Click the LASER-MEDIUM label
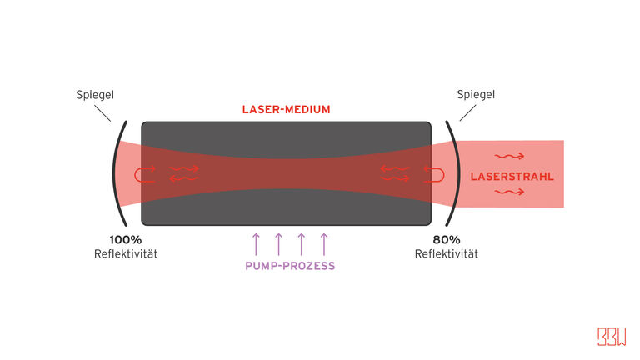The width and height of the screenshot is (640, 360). (286, 110)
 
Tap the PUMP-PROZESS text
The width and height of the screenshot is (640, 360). (289, 266)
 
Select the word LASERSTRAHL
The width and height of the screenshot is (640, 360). (500, 177)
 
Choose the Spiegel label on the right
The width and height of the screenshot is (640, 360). (476, 95)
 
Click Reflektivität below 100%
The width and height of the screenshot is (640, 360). (126, 252)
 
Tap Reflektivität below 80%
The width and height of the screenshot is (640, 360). (447, 252)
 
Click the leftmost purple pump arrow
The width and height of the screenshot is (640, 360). (256, 243)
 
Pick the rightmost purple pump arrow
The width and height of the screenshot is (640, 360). (324, 243)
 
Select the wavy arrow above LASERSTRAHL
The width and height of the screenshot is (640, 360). (508, 156)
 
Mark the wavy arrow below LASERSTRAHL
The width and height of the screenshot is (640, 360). (508, 192)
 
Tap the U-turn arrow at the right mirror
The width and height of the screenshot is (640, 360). (434, 173)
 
